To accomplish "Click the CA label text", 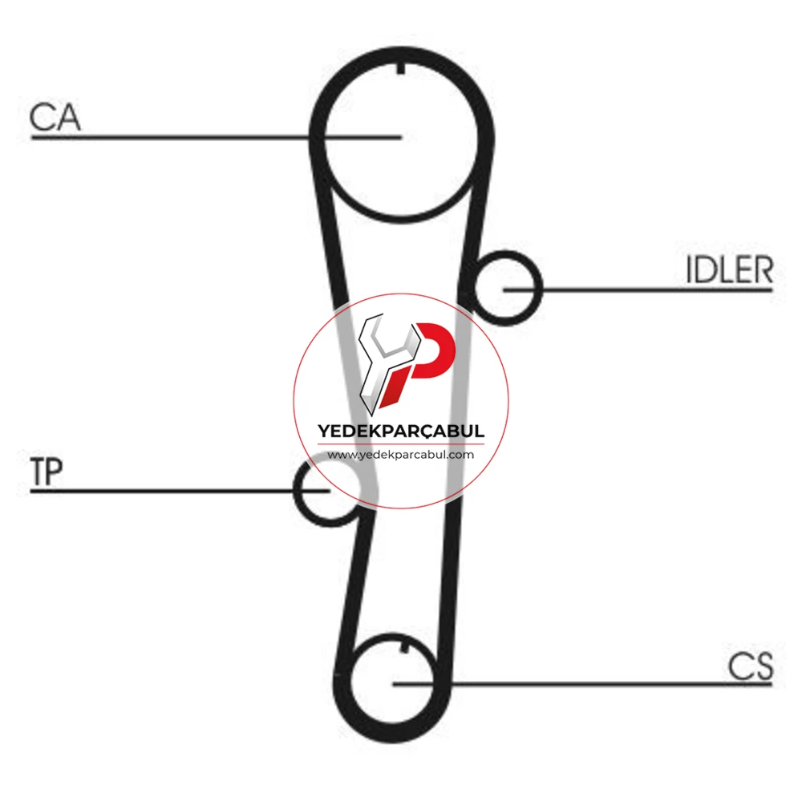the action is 55,118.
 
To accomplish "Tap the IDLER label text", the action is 729,269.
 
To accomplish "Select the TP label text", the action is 47,472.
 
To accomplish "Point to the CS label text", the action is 751,666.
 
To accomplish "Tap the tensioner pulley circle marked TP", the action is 297,491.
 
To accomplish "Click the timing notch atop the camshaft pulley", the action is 401,68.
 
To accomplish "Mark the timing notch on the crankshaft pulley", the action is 404,648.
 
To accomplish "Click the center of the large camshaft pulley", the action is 401,137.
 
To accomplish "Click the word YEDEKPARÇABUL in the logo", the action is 401,431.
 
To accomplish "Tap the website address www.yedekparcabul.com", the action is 401,455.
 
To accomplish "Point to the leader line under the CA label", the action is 216,137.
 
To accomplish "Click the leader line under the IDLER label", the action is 638,290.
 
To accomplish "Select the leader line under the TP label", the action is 180,491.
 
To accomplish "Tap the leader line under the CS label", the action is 582,684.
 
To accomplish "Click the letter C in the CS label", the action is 739,666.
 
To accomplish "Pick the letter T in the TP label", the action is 38,472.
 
